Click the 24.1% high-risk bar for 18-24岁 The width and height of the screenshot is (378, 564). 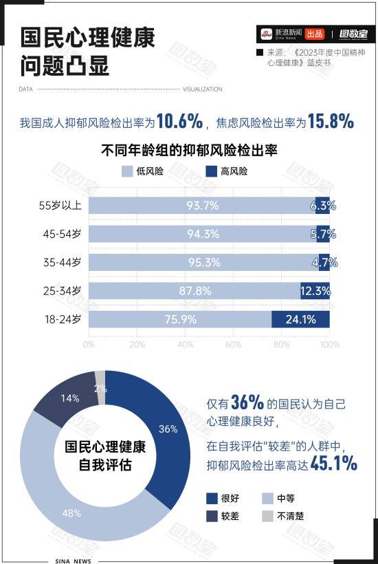click(300, 319)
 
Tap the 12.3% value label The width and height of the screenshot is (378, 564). click(315, 291)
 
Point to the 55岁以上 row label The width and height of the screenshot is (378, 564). click(60, 205)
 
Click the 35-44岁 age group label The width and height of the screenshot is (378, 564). click(63, 262)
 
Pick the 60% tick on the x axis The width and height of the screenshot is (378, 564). click(233, 344)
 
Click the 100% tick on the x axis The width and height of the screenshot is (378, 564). click(330, 344)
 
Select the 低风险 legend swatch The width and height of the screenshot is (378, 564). click(126, 171)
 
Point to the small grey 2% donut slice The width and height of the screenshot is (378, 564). click(100, 377)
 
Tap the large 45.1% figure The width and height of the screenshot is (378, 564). click(333, 464)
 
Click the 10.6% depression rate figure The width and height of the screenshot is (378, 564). click(179, 122)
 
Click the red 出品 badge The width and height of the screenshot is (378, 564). click(314, 34)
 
